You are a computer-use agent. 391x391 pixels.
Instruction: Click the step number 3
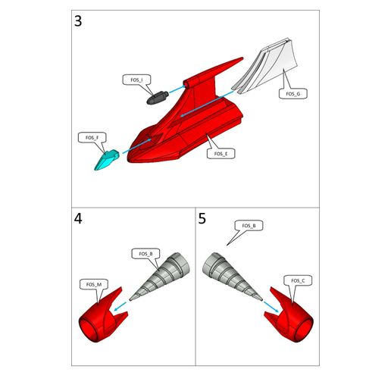point(79,21)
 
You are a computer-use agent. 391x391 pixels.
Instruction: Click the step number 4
point(79,219)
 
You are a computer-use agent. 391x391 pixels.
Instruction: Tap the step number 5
point(202,219)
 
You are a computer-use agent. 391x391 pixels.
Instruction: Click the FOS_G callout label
point(293,94)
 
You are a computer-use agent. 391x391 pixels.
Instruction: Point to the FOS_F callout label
point(91,137)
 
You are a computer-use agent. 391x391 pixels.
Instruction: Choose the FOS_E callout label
point(221,154)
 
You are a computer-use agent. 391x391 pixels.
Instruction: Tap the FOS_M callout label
point(93,284)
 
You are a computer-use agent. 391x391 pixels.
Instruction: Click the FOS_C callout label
point(298,281)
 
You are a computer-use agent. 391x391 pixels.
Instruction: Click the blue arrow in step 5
point(267,305)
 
